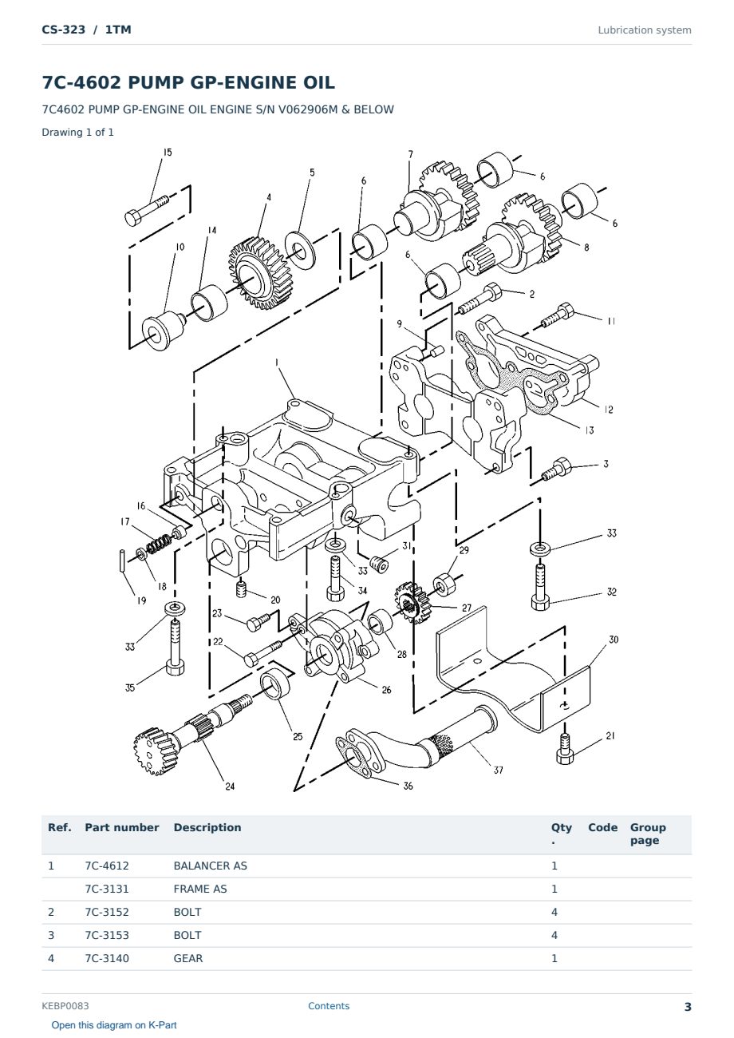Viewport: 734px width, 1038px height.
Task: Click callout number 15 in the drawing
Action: pyautogui.click(x=168, y=152)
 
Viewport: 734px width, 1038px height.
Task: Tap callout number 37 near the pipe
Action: pyautogui.click(x=498, y=771)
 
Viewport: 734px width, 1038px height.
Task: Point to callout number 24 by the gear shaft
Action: pyautogui.click(x=230, y=786)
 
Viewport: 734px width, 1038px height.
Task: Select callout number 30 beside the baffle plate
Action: pyautogui.click(x=614, y=640)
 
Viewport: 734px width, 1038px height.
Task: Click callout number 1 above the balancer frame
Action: pyautogui.click(x=277, y=362)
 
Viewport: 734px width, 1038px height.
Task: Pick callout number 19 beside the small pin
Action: pyautogui.click(x=141, y=600)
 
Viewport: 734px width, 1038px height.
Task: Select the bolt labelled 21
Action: pyautogui.click(x=565, y=749)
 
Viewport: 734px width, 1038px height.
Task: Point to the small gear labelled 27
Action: pyautogui.click(x=411, y=602)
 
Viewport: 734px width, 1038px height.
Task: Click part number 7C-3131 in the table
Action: pyautogui.click(x=107, y=889)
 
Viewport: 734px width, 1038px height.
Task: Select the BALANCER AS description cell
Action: pyautogui.click(x=211, y=866)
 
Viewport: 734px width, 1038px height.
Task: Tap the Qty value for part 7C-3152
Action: pyautogui.click(x=554, y=912)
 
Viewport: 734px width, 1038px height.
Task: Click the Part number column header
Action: pyautogui.click(x=122, y=827)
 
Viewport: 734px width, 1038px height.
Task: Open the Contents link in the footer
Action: pyautogui.click(x=329, y=1005)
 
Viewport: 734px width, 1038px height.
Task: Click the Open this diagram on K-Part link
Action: pyautogui.click(x=114, y=1024)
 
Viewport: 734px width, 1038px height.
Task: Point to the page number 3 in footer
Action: pyautogui.click(x=688, y=1007)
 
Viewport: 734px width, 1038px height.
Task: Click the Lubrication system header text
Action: pyautogui.click(x=645, y=30)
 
